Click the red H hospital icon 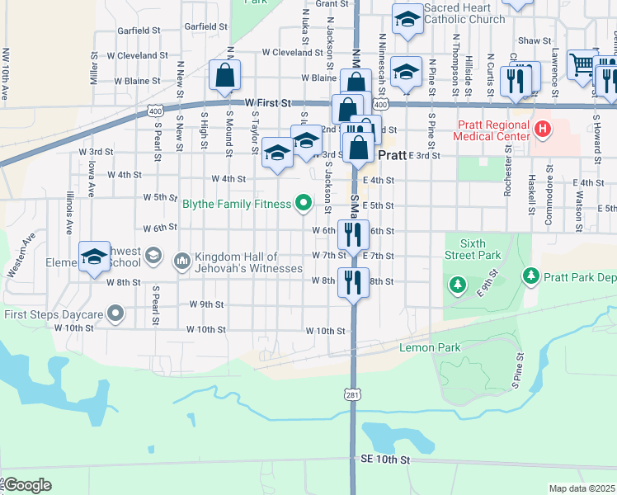542,129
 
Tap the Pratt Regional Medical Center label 494,129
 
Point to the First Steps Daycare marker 115,313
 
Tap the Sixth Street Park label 473,250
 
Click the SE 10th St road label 385,458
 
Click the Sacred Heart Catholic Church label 464,13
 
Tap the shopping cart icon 582,63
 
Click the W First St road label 269,103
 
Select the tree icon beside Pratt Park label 531,275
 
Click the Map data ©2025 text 582,488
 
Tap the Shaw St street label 535,40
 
